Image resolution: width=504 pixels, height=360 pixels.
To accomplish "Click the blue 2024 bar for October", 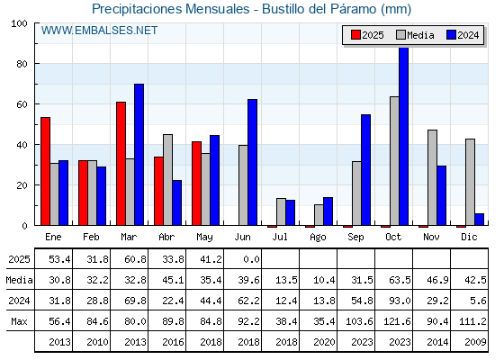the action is [x=404, y=136].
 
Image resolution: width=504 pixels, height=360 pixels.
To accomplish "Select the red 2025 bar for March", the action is [x=121, y=164].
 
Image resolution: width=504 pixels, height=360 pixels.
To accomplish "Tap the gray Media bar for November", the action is [x=432, y=178].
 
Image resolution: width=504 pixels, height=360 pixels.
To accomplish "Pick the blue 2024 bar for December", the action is [x=479, y=220].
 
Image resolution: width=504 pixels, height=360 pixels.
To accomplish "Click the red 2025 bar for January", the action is [x=45, y=171].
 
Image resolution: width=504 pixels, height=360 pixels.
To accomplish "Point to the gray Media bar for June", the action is [x=243, y=185].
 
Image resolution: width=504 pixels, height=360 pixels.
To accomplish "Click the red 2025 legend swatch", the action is [x=355, y=35].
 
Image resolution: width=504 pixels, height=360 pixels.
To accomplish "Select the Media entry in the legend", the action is [x=415, y=35].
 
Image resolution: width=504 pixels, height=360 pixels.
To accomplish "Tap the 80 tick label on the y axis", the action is [x=22, y=64].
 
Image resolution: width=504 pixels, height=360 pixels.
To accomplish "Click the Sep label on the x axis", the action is [x=355, y=238].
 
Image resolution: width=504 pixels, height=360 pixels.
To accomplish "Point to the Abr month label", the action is [x=166, y=238].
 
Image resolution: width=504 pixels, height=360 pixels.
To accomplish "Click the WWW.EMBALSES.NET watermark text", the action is [x=99, y=31].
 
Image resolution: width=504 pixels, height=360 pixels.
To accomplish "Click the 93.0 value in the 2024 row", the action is [x=400, y=301].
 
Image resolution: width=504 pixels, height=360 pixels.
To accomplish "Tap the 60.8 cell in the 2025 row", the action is [x=135, y=259].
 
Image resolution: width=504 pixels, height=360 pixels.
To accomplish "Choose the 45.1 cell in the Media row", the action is [x=173, y=280].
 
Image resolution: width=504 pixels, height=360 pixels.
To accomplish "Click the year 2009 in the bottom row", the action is [x=475, y=342].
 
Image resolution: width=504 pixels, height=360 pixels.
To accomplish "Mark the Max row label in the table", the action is [x=19, y=321].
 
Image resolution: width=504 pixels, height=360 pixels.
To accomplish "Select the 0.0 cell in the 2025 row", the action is [x=251, y=259].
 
